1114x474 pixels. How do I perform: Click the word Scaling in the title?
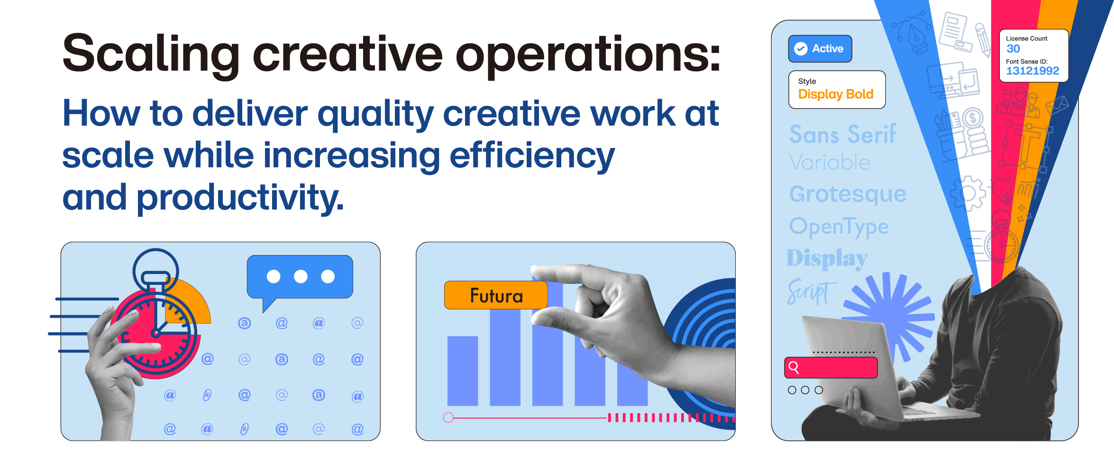[x=151, y=55]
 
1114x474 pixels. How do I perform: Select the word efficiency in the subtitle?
[x=532, y=156]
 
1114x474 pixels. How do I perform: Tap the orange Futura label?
[x=496, y=295]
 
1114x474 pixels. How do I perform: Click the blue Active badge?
[x=820, y=49]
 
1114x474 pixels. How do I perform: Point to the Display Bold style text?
[x=836, y=94]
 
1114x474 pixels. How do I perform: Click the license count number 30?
[x=1013, y=49]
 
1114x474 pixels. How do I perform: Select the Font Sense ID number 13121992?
[x=1032, y=71]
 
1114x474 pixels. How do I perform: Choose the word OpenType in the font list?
[x=839, y=227]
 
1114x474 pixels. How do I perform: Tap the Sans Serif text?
[x=843, y=135]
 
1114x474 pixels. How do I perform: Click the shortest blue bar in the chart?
[x=463, y=371]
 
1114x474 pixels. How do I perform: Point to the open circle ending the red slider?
[x=448, y=418]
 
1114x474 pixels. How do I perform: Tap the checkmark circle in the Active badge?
[x=801, y=49]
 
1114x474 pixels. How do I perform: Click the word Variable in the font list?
[x=830, y=163]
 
